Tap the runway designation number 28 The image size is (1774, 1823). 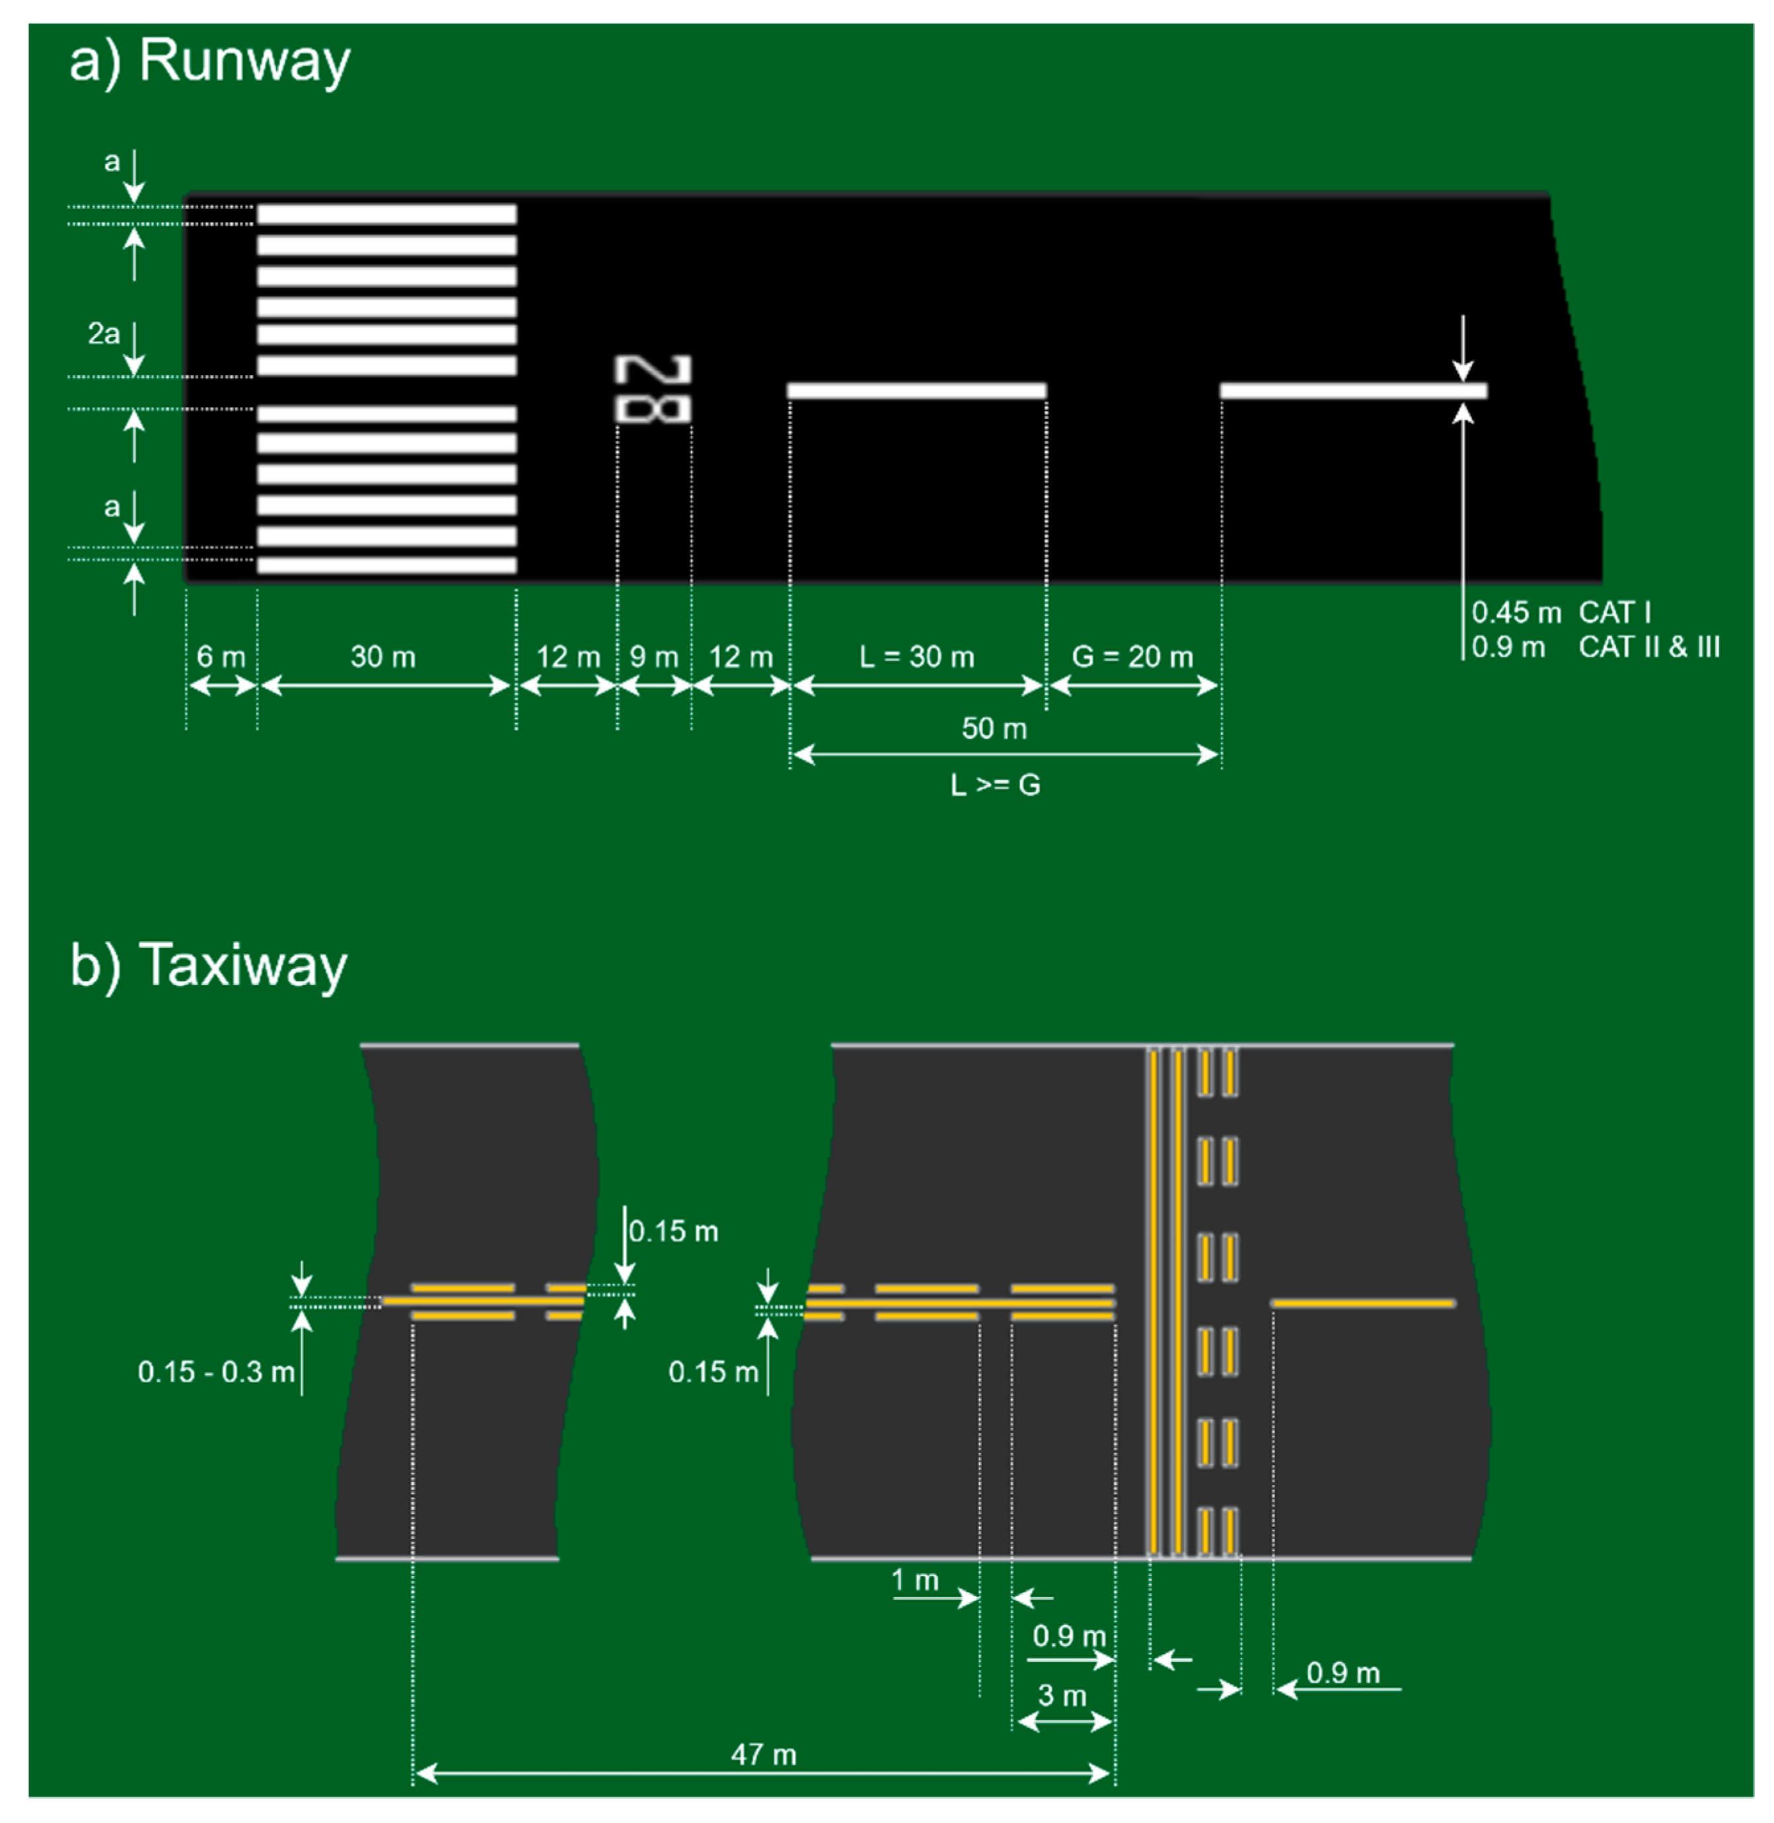pyautogui.click(x=653, y=390)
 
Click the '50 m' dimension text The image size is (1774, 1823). pyautogui.click(x=994, y=729)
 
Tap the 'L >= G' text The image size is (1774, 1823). pyautogui.click(x=995, y=785)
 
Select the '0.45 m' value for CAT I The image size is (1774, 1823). pyautogui.click(x=1516, y=613)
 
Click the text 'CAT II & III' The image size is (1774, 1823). pyautogui.click(x=1649, y=647)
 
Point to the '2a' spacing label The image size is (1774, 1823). pyautogui.click(x=104, y=334)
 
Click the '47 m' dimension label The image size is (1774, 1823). pyautogui.click(x=763, y=1755)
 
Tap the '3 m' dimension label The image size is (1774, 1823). pyautogui.click(x=1062, y=1696)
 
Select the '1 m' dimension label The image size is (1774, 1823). pyautogui.click(x=915, y=1581)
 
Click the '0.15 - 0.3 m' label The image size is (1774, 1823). pyautogui.click(x=216, y=1372)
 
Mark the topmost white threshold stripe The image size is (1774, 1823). pyautogui.click(x=387, y=214)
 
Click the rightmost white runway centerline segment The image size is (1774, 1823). pyautogui.click(x=1353, y=390)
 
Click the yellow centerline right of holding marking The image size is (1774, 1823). pyautogui.click(x=1363, y=1303)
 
